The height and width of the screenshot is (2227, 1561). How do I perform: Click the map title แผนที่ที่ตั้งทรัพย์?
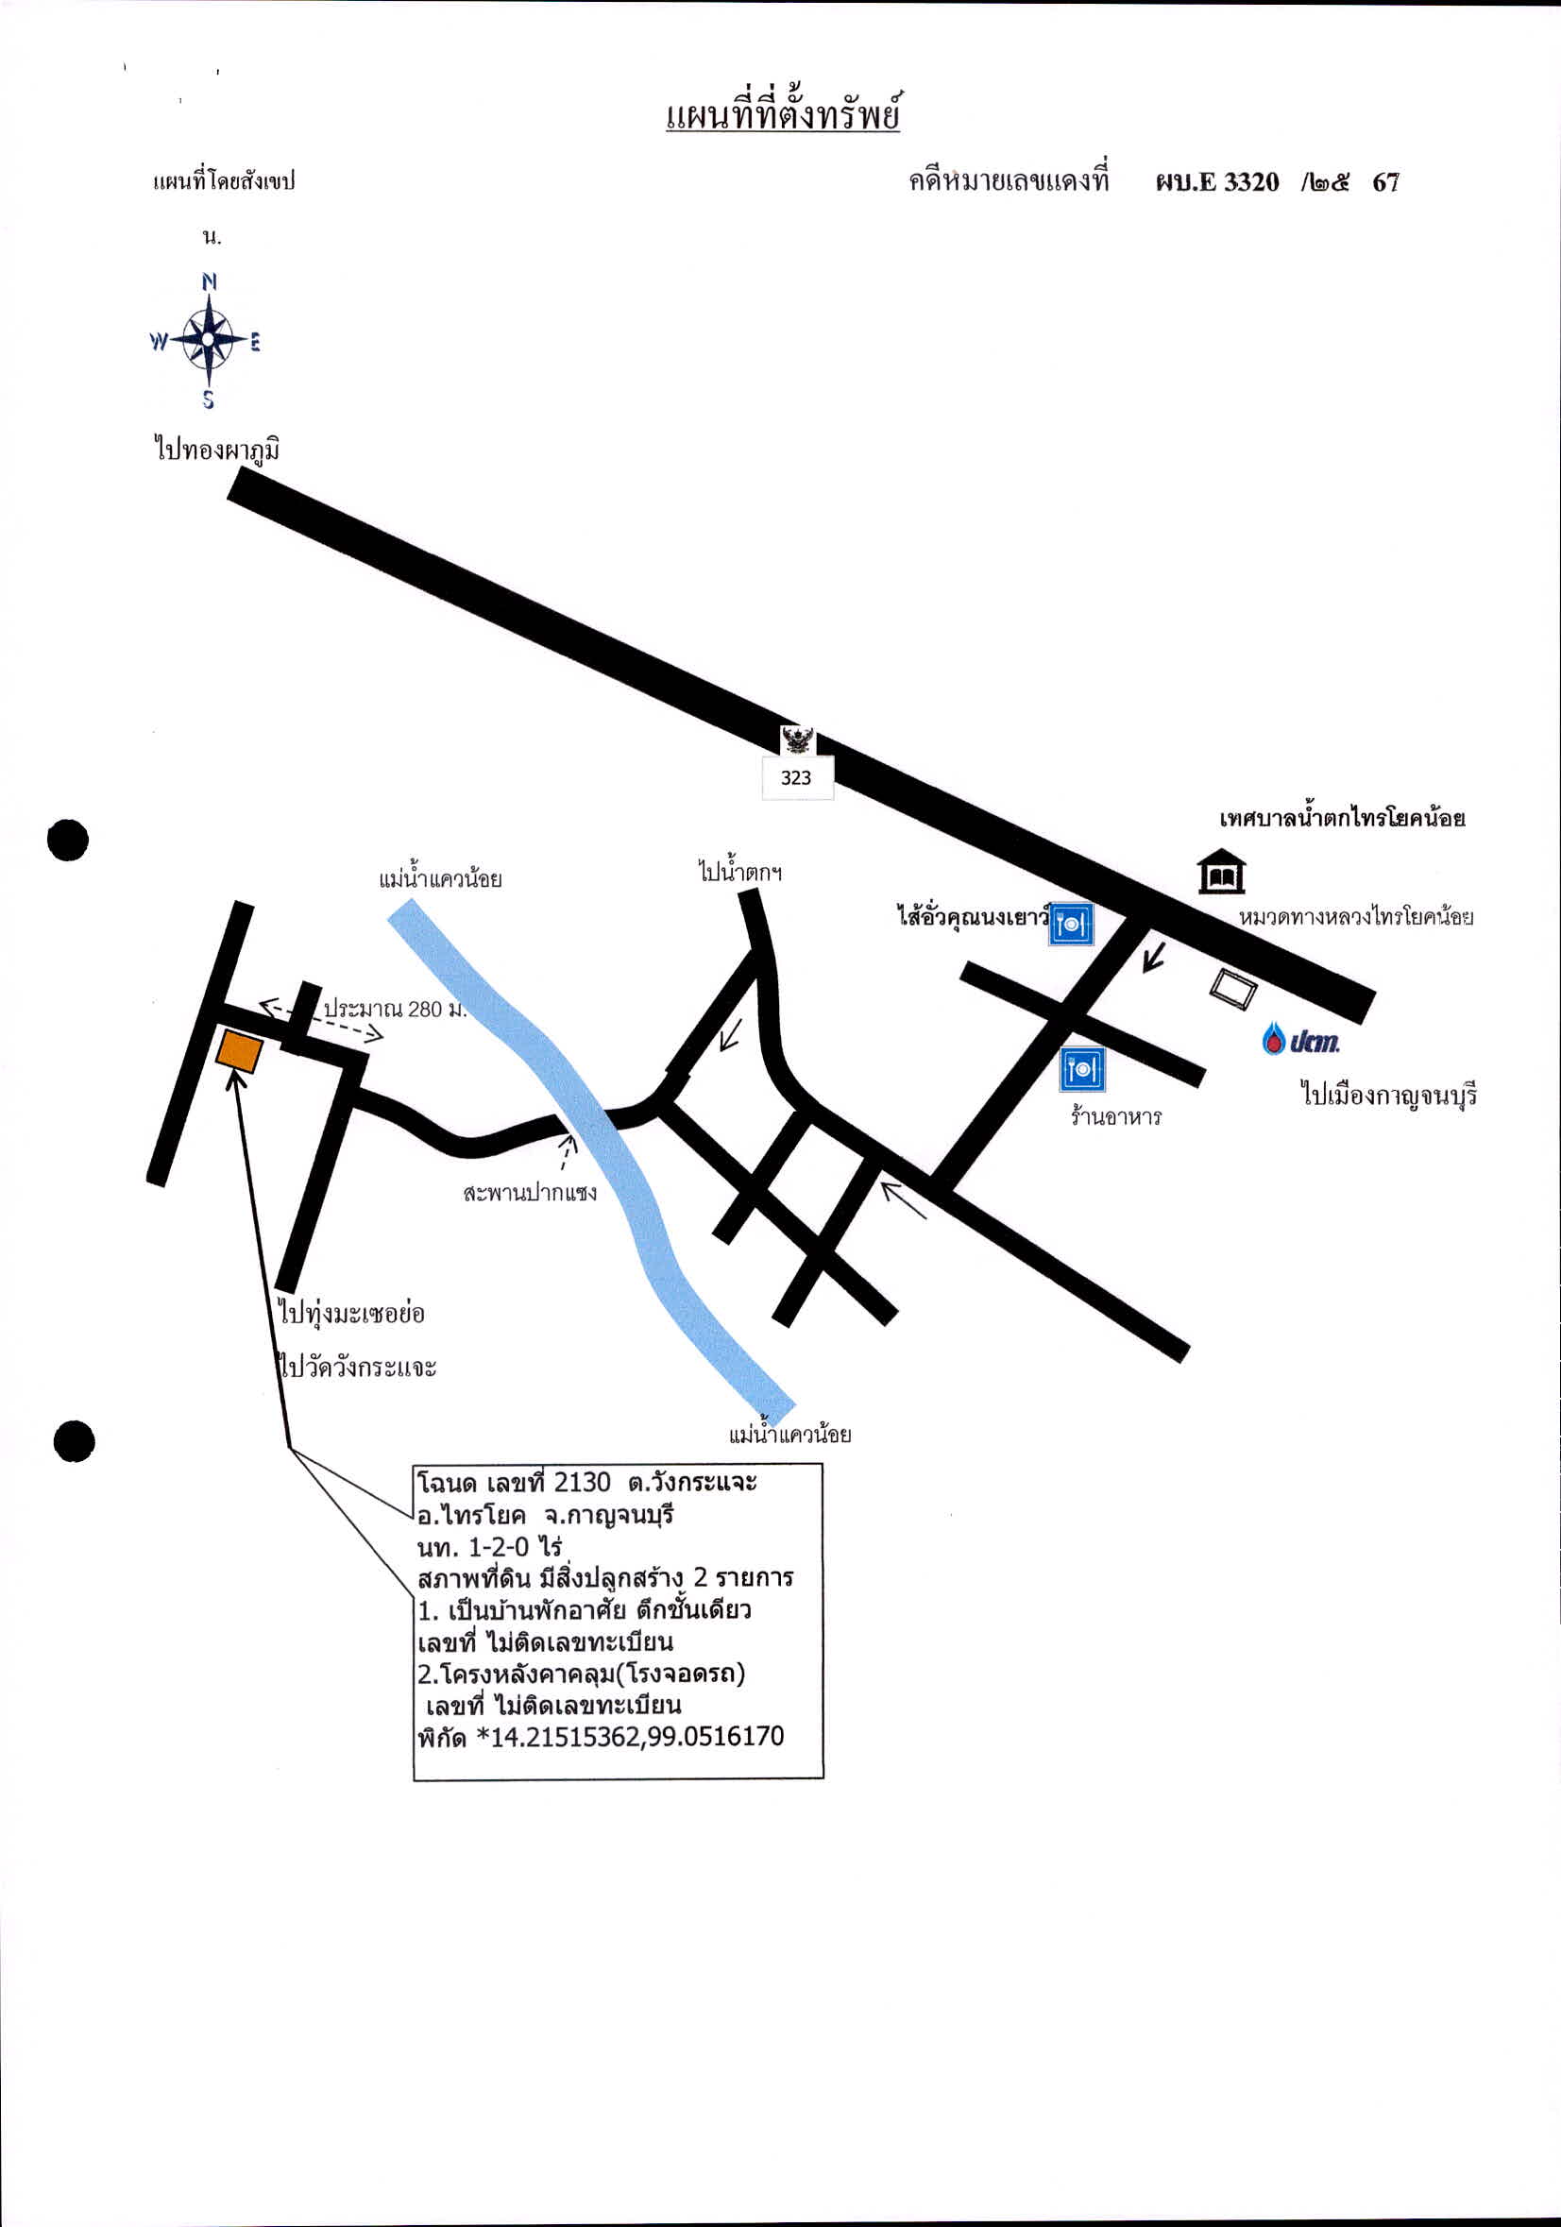click(x=784, y=111)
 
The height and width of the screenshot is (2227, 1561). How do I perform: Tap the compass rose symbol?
click(x=207, y=339)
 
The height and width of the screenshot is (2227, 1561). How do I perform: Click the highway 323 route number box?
click(x=797, y=777)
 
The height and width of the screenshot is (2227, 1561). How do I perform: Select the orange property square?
click(x=239, y=1051)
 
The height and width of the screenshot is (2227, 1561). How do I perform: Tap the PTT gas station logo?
click(x=1301, y=1041)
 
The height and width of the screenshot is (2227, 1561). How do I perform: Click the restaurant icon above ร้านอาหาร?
click(x=1082, y=1070)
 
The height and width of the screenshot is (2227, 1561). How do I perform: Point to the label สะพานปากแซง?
click(x=530, y=1192)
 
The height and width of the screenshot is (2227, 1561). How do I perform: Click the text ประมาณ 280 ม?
click(x=396, y=1009)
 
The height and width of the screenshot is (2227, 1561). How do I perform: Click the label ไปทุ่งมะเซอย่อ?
click(x=352, y=1315)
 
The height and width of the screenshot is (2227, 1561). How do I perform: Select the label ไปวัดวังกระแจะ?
click(x=358, y=1368)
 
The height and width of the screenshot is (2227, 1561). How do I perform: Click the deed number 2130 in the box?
click(x=582, y=1483)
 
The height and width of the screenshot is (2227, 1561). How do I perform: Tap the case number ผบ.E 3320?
click(x=1217, y=182)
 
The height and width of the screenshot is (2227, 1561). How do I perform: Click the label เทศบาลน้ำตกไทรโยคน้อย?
click(x=1343, y=818)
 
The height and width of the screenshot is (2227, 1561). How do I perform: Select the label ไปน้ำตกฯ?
click(x=740, y=869)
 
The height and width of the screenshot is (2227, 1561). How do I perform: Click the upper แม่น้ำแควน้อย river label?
click(x=440, y=878)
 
